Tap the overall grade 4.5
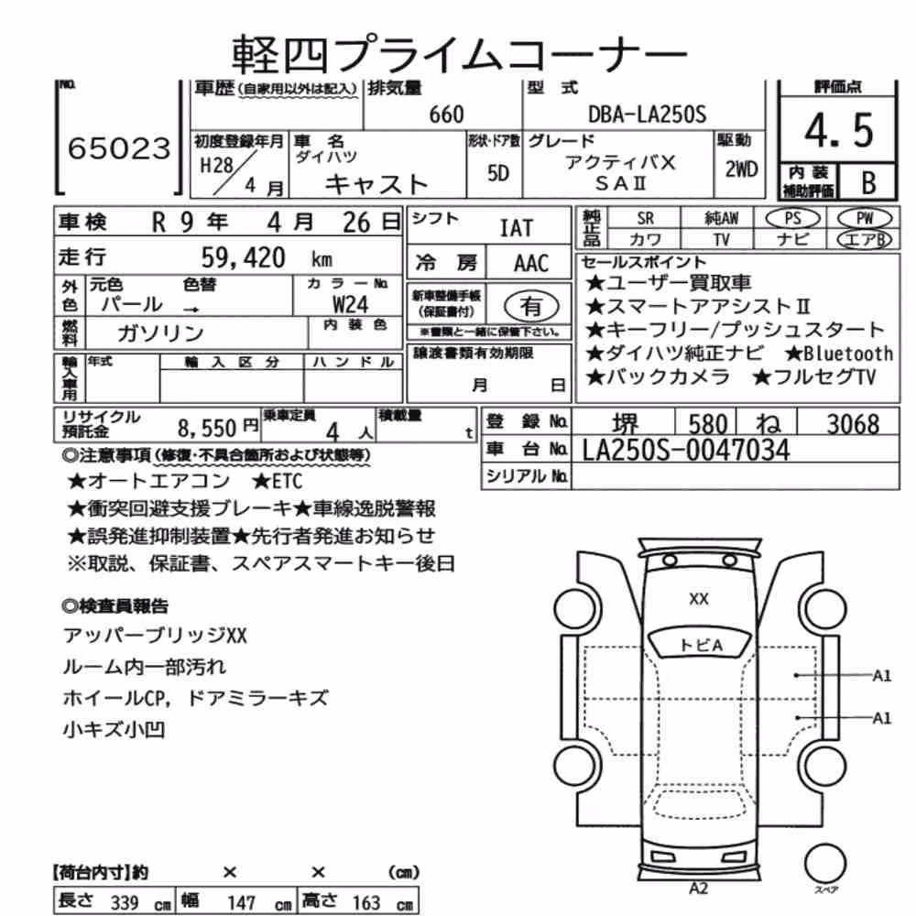tap(839, 130)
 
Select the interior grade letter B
tap(868, 182)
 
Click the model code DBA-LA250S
tap(647, 114)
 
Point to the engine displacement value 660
tap(446, 114)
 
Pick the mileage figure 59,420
tap(243, 257)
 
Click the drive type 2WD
tap(741, 169)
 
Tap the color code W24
tap(350, 304)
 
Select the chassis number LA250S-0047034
tap(686, 450)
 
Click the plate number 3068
tap(853, 423)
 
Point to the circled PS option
tap(792, 218)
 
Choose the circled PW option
tap(865, 218)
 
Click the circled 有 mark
tap(531, 306)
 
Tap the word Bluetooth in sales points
tap(848, 354)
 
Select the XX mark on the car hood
tap(699, 599)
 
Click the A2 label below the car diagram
tap(699, 888)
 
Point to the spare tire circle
tap(825, 863)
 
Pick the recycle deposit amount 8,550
tap(207, 428)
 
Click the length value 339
tap(125, 902)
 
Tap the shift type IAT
tap(517, 228)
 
